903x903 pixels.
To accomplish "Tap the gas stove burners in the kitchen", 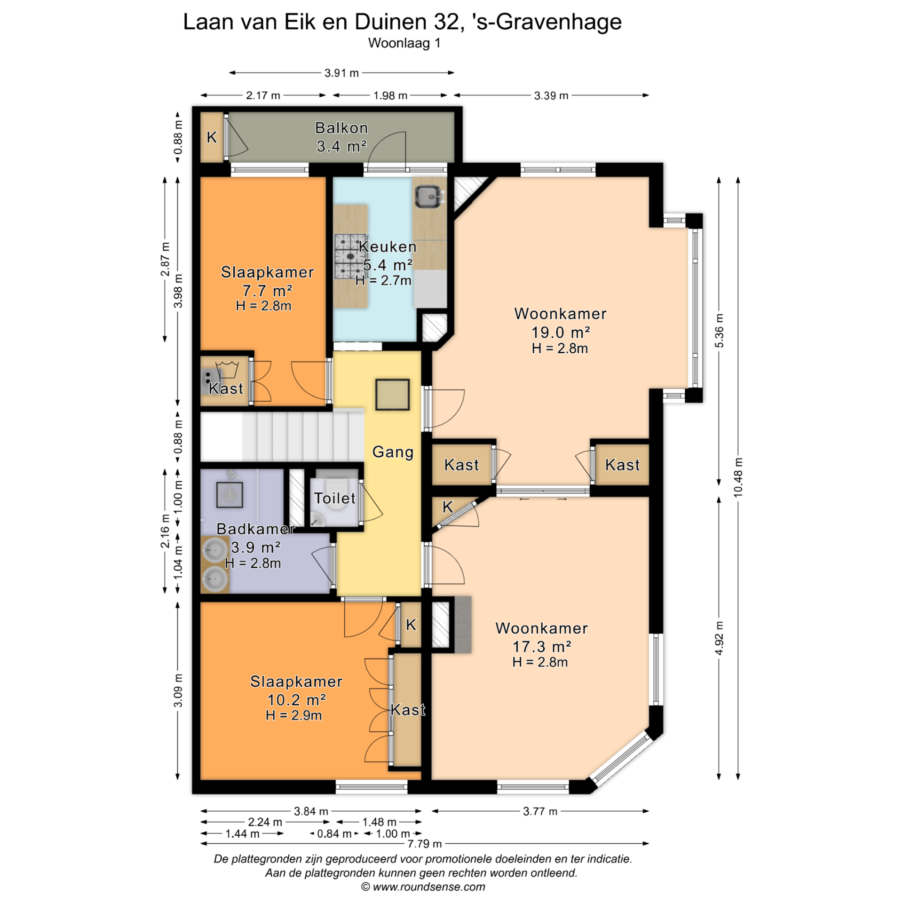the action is tap(350, 256).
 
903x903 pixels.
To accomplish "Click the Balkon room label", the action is tap(341, 128).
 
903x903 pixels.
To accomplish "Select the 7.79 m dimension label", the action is tap(425, 843).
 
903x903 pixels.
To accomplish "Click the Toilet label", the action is tap(335, 498).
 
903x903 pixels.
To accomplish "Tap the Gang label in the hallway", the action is tap(393, 452).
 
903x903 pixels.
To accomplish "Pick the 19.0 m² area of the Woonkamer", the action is tap(561, 333).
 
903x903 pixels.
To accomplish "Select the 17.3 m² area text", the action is tap(542, 647).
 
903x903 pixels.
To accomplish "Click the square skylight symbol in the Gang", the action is tap(392, 395).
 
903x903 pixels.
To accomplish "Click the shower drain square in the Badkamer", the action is tap(230, 495).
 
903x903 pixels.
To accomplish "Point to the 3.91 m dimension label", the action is tap(341, 73).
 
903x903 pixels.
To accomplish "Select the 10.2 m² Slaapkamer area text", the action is tap(296, 700).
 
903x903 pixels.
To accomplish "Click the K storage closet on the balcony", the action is tap(212, 137).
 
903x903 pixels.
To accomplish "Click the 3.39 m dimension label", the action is tap(551, 95).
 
